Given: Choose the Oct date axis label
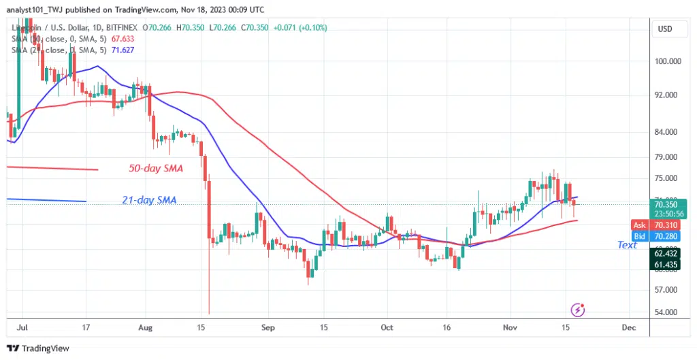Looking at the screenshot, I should (x=387, y=327).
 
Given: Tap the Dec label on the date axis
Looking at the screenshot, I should (x=629, y=327).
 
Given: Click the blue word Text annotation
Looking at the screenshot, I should (x=627, y=245).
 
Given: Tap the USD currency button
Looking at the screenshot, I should (x=665, y=30).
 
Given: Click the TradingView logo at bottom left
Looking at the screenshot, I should (x=38, y=348).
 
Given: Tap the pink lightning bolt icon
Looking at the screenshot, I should (x=579, y=310).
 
